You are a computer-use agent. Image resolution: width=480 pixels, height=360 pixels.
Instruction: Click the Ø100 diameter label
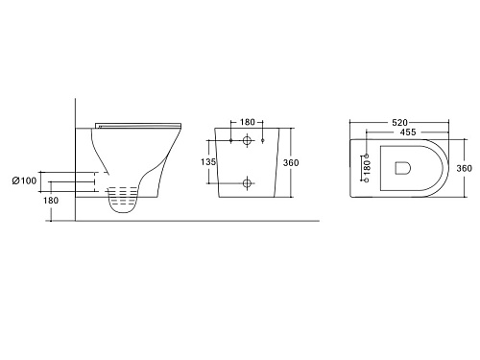pyautogui.click(x=24, y=180)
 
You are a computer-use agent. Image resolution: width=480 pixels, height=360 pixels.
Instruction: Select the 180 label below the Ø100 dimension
pyautogui.click(x=51, y=201)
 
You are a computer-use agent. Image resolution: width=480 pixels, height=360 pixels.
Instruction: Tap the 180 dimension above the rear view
pyautogui.click(x=248, y=122)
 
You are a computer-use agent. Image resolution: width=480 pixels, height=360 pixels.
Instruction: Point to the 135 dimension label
pyautogui.click(x=208, y=162)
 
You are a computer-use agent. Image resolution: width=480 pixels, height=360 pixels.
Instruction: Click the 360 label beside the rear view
pyautogui.click(x=291, y=163)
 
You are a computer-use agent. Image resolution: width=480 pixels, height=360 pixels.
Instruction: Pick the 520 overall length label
pyautogui.click(x=399, y=122)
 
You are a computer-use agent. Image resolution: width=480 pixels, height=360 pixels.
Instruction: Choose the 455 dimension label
pyautogui.click(x=408, y=132)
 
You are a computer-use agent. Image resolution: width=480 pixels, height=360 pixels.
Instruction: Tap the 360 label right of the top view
pyautogui.click(x=465, y=168)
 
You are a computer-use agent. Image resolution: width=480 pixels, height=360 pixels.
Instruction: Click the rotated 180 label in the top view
pyautogui.click(x=367, y=168)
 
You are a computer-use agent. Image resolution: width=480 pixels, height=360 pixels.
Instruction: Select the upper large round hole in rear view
pyautogui.click(x=247, y=140)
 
